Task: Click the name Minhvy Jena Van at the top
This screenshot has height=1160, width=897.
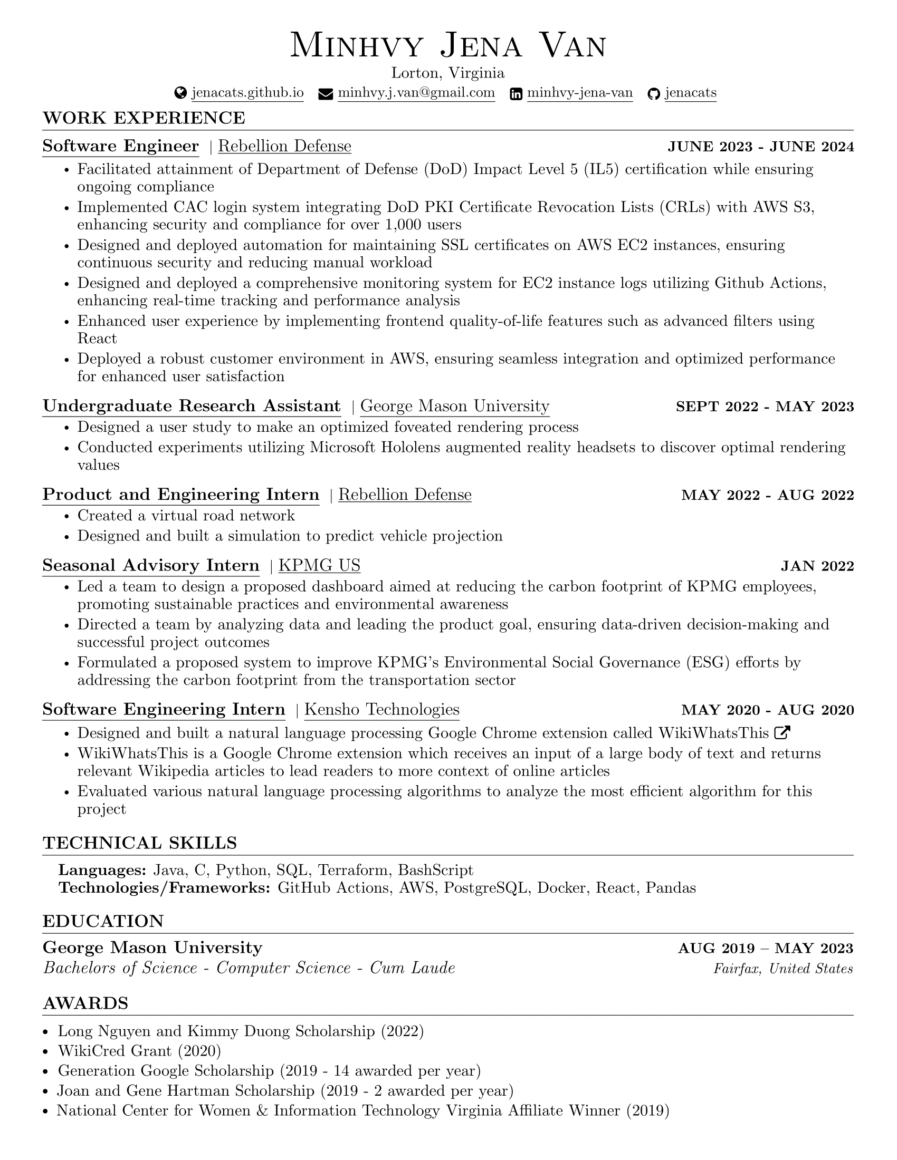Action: tap(448, 45)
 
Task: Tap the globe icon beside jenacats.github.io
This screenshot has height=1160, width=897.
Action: tap(180, 93)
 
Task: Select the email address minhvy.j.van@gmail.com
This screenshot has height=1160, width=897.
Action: tap(416, 93)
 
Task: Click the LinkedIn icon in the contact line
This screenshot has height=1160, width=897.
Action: tap(516, 94)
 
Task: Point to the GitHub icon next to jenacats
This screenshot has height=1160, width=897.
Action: tap(654, 94)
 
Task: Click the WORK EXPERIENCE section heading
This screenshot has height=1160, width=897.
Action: tap(144, 118)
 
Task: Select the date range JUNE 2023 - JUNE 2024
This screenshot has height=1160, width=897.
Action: tap(760, 147)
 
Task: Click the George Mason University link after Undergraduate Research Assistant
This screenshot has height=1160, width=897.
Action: tap(454, 407)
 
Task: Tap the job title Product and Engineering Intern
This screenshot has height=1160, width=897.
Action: tap(180, 495)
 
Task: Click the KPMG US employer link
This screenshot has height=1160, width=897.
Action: tap(319, 565)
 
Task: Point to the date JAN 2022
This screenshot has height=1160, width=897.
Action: tap(817, 566)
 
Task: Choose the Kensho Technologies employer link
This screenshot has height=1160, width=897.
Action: tap(381, 710)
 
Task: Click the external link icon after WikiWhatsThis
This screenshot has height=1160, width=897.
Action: tap(782, 733)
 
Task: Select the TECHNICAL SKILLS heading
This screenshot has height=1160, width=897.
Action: tap(140, 843)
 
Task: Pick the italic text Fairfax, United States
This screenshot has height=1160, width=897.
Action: tap(783, 969)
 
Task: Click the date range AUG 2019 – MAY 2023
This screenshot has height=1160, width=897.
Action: tap(765, 949)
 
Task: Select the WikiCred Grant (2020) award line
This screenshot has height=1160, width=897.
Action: tap(139, 1050)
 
